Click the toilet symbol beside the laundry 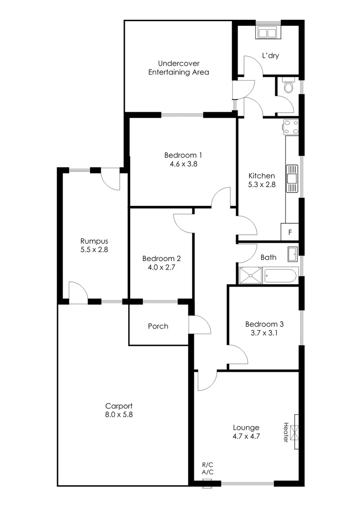click(288, 86)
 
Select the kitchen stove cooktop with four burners click(291, 126)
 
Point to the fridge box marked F click(290, 232)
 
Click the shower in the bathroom click(250, 275)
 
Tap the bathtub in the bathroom click(281, 275)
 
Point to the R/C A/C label click(207, 468)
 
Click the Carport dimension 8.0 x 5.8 click(119, 415)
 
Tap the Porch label click(158, 326)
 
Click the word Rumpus click(94, 241)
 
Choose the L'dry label click(270, 56)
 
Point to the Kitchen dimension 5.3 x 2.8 click(262, 185)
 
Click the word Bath click(269, 257)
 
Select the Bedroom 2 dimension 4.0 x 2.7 click(161, 267)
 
